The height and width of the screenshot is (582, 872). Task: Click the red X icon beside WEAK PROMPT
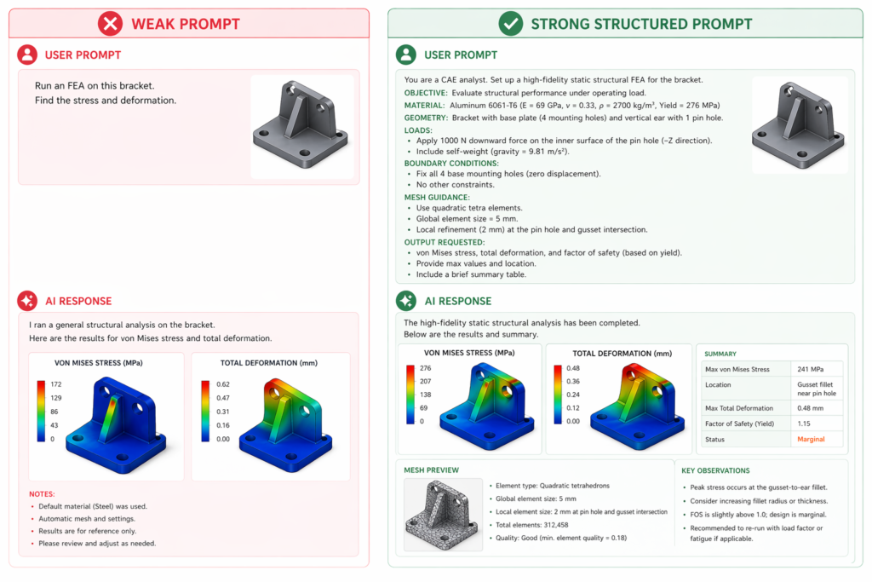coord(110,24)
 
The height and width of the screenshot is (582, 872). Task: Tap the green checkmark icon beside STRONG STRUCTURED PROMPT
coord(510,24)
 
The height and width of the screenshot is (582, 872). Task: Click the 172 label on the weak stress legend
coord(56,384)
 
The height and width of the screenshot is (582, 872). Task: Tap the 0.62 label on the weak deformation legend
coord(222,384)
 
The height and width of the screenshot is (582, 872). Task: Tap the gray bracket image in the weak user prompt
coord(301,126)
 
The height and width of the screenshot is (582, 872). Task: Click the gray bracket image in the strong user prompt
coord(799,125)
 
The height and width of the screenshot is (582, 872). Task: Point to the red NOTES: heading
coord(42,493)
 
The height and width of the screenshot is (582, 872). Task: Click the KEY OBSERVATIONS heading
coord(715,470)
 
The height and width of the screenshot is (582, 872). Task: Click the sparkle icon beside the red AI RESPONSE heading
coord(28,301)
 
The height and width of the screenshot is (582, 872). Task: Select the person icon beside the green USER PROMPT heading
coord(407,55)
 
